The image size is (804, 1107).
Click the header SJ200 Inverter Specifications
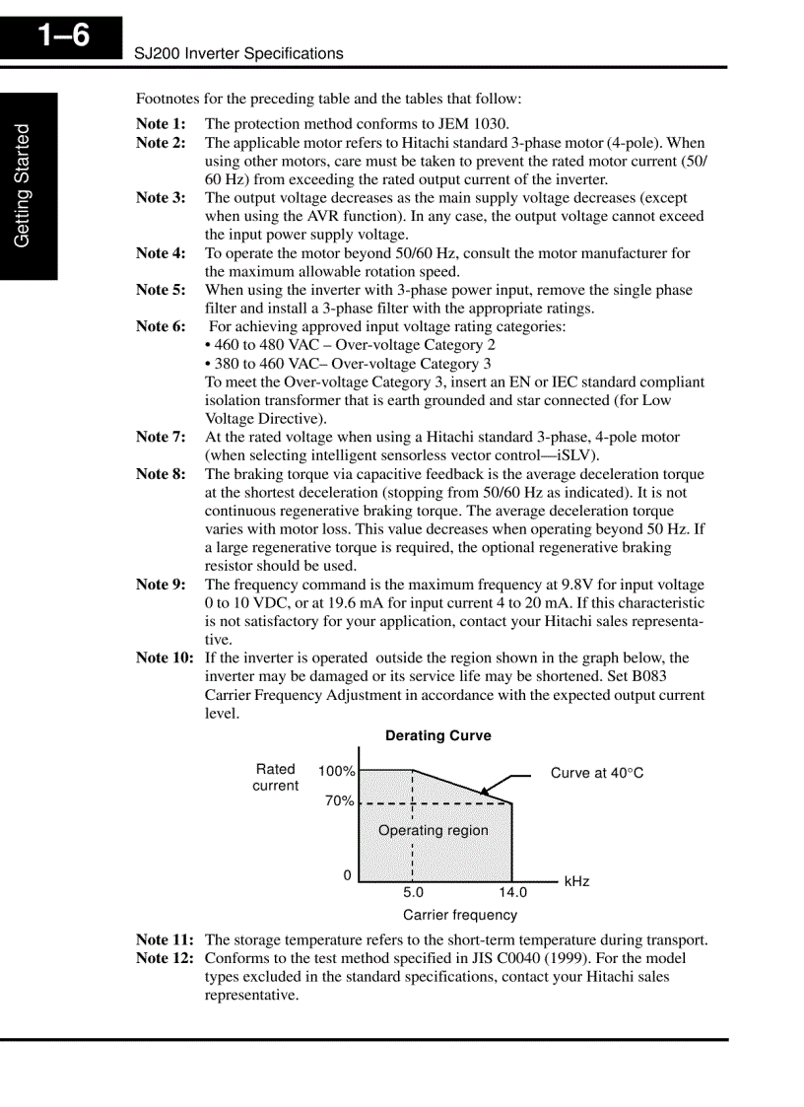click(238, 54)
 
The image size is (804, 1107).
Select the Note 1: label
click(160, 124)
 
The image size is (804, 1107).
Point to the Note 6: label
click(160, 326)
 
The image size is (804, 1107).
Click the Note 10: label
click(165, 657)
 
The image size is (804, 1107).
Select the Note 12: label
click(165, 958)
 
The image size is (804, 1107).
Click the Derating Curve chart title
click(437, 735)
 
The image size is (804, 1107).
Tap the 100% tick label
click(336, 771)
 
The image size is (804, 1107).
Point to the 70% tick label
click(339, 801)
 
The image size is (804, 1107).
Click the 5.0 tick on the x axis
click(414, 893)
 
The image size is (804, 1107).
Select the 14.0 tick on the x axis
click(512, 893)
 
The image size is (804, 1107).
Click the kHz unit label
click(576, 881)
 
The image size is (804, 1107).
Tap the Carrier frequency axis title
click(459, 915)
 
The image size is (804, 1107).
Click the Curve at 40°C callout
click(596, 773)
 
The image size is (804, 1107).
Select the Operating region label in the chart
click(433, 830)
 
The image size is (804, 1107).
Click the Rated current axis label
click(276, 777)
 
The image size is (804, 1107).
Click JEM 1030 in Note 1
click(473, 124)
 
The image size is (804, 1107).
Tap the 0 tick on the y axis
click(347, 875)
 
